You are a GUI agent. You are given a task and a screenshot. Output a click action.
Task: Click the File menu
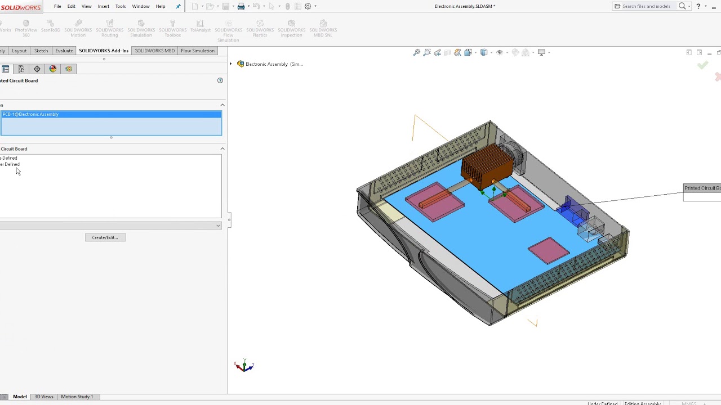point(57,6)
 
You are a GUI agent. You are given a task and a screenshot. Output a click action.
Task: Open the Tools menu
point(121,6)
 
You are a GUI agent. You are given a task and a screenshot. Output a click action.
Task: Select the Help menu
point(161,6)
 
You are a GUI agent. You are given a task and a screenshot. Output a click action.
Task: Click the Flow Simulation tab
point(197,51)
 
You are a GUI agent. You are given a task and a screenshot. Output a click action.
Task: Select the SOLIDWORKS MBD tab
point(154,51)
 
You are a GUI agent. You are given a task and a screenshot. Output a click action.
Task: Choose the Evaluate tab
point(64,51)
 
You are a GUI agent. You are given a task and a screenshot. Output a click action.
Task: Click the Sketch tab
point(41,51)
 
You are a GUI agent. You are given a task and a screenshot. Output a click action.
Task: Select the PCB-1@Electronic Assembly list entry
point(31,114)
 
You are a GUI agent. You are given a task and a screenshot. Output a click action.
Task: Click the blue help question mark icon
point(220,80)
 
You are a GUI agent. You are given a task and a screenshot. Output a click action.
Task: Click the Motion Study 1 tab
point(77,397)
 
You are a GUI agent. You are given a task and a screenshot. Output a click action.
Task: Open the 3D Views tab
point(44,397)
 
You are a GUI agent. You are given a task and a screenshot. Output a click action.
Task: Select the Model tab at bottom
point(20,397)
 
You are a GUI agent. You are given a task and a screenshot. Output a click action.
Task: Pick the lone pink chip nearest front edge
point(548,250)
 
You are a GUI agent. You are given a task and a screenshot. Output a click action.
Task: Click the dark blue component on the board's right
point(573,212)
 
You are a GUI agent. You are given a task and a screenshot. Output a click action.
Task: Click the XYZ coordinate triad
point(244,366)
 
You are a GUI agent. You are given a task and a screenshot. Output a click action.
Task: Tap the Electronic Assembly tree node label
point(274,64)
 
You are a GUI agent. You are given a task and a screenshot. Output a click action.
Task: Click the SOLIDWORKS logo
point(21,7)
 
